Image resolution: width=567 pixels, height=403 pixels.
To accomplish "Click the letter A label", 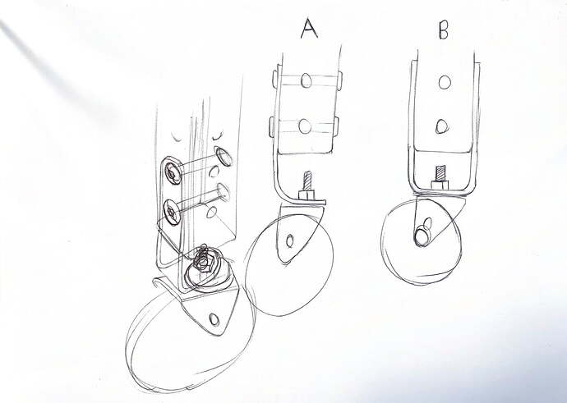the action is [309, 29].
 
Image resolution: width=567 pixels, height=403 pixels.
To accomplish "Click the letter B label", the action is [444, 30].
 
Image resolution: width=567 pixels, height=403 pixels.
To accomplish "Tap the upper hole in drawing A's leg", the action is [306, 80].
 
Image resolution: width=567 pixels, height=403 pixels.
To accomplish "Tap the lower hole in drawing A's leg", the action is [305, 126].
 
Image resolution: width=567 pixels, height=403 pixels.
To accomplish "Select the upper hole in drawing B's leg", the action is [445, 82].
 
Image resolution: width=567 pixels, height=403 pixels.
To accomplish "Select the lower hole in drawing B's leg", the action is [442, 126].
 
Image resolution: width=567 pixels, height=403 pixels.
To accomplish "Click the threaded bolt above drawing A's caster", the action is [307, 181].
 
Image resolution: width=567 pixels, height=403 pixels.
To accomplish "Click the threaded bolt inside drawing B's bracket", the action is [440, 173].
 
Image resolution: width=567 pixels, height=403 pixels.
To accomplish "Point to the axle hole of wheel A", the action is [289, 240].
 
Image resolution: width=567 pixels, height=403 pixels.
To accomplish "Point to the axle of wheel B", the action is [422, 236].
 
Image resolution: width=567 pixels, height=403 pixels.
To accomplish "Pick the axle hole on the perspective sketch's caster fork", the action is [214, 319].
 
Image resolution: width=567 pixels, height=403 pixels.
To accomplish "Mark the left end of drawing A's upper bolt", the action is [274, 81].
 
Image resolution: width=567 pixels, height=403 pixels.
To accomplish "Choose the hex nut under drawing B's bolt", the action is [440, 185].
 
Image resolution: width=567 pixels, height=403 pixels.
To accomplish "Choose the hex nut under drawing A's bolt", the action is [307, 195].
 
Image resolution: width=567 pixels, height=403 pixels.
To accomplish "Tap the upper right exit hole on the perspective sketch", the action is [224, 156].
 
